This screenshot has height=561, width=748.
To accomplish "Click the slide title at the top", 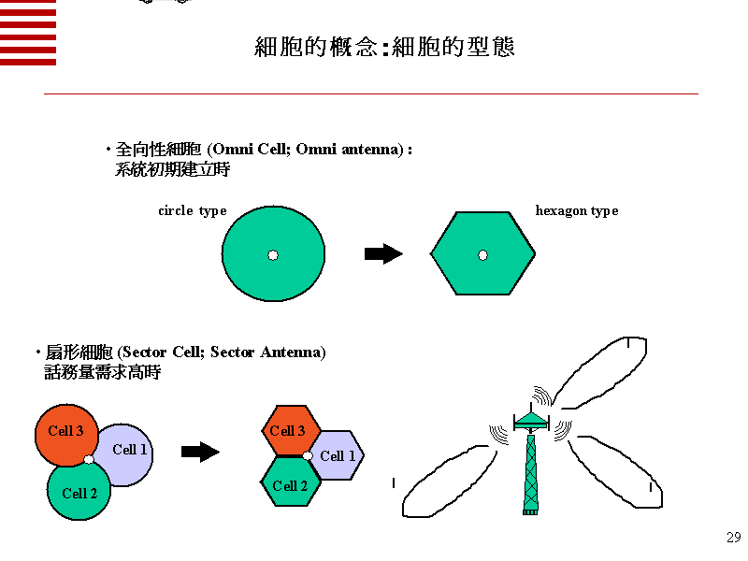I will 384,48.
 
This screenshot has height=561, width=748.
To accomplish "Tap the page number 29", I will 733,537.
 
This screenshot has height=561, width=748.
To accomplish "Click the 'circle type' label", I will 193,211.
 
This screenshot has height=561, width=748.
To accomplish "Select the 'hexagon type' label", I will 576,211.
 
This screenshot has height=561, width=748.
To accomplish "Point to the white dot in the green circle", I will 273,255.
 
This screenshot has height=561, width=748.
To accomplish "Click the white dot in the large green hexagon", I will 482,255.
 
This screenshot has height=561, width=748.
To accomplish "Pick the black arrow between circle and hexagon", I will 383,254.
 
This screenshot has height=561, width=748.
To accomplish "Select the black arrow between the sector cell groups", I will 200,453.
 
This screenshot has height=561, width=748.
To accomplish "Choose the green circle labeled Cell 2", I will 79,494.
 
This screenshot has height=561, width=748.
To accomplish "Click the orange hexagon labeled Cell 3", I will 288,430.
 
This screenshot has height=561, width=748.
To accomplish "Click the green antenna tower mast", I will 530,472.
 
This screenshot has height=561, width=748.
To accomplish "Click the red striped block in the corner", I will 28,32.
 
